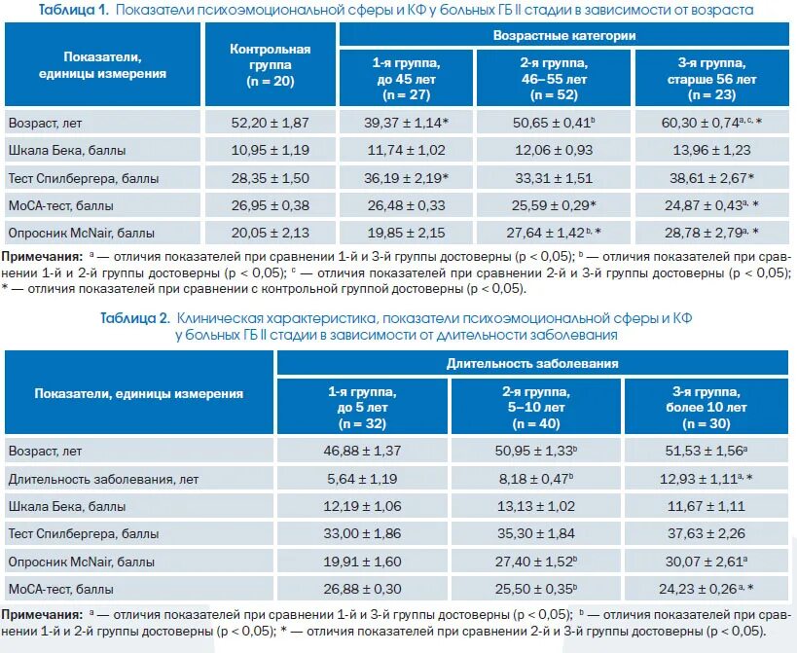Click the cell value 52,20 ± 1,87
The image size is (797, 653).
pyautogui.click(x=270, y=124)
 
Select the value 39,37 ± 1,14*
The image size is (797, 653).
pyautogui.click(x=406, y=124)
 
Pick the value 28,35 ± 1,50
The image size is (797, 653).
pyautogui.click(x=270, y=178)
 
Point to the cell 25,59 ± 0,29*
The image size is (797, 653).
pyautogui.click(x=554, y=205)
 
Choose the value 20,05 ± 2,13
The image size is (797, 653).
pyautogui.click(x=270, y=233)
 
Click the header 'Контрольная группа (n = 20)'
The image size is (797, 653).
pyautogui.click(x=270, y=65)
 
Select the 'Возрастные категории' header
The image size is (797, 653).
pyautogui.click(x=563, y=34)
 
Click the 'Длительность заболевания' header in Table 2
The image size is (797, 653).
pyautogui.click(x=532, y=363)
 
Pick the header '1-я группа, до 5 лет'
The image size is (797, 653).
pyautogui.click(x=362, y=407)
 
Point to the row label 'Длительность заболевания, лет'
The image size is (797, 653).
pyautogui.click(x=103, y=480)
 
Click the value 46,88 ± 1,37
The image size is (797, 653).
pyautogui.click(x=362, y=453)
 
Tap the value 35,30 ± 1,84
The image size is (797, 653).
pyautogui.click(x=535, y=534)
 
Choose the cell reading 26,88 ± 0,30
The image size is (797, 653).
pyautogui.click(x=362, y=589)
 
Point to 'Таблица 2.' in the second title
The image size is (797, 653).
pyautogui.click(x=136, y=318)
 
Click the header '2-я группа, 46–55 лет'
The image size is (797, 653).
pyautogui.click(x=554, y=78)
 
